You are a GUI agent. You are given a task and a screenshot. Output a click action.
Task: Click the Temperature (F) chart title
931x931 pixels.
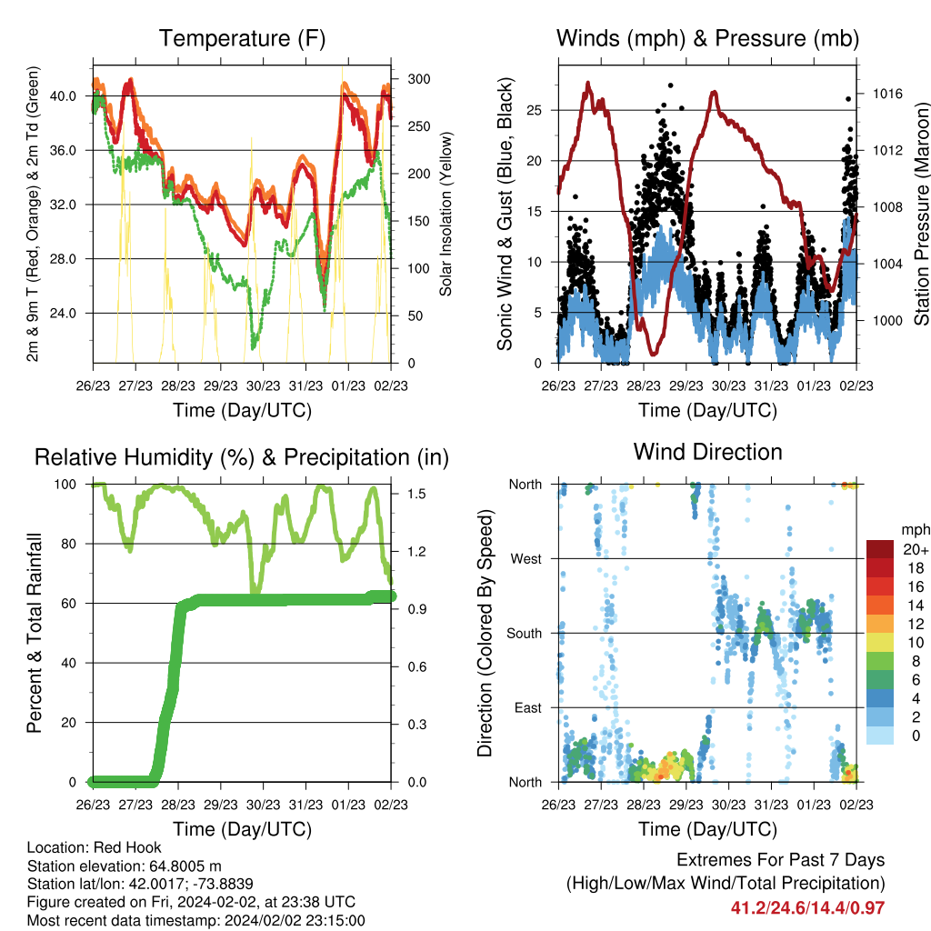(242, 38)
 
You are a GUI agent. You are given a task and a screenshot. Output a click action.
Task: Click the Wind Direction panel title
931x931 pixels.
(707, 452)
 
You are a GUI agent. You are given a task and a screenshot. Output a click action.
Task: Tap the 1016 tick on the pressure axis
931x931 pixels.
(887, 94)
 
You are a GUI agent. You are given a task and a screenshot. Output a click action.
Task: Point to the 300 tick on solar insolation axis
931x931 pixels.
(418, 79)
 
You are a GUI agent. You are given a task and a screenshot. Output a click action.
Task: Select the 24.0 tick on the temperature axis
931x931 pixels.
(63, 313)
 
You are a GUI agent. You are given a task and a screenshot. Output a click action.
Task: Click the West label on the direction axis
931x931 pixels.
(526, 559)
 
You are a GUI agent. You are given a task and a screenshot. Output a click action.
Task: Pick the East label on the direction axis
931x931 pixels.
(528, 707)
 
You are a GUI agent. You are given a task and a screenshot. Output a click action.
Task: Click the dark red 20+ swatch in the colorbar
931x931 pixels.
(879, 549)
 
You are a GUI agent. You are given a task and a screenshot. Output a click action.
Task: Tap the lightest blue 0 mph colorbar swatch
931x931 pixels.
(879, 735)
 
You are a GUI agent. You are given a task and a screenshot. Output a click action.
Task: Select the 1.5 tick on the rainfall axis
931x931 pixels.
(416, 494)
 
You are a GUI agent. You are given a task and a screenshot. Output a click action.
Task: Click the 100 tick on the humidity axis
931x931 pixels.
(65, 484)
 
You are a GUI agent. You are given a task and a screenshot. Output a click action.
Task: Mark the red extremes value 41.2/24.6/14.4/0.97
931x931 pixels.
(807, 908)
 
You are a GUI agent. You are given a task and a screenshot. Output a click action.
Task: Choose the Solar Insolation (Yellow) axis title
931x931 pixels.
(445, 214)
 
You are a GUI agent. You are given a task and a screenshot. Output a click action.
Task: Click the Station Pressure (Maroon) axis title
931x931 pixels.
(922, 214)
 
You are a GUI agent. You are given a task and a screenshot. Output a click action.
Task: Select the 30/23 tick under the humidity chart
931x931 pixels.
(263, 805)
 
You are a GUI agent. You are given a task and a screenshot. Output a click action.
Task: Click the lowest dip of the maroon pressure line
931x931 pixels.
(654, 354)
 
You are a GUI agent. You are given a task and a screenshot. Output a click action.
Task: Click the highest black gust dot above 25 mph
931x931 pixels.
(671, 85)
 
